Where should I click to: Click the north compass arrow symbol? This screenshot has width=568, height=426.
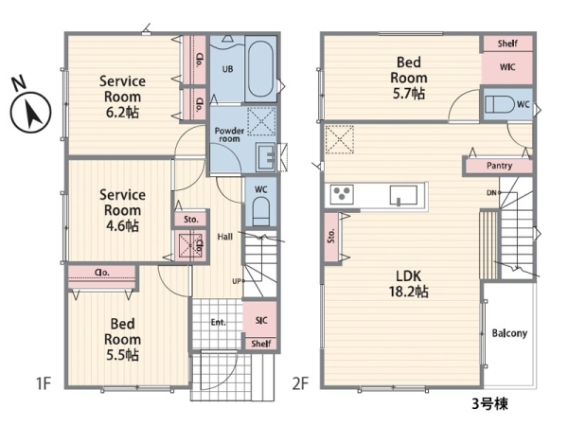[x=30, y=112]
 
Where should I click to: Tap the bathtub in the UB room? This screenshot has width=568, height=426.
[x=260, y=69]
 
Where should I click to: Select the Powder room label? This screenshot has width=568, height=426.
[x=229, y=134]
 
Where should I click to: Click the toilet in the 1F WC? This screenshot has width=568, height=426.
[x=261, y=211]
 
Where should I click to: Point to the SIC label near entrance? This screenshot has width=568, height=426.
[x=261, y=320]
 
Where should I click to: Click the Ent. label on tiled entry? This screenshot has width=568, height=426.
[x=218, y=322]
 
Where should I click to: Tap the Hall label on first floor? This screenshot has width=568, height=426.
[x=225, y=237]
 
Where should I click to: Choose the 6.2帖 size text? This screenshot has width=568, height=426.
[x=122, y=113]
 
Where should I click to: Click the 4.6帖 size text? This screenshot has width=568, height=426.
[x=122, y=225]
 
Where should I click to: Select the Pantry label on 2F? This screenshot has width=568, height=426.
[x=499, y=166]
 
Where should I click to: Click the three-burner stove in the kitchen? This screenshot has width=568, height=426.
[x=342, y=194]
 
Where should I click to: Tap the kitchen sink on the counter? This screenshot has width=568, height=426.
[x=403, y=195]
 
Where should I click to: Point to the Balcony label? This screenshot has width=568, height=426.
[x=509, y=333]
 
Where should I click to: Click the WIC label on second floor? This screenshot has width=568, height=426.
[x=507, y=67]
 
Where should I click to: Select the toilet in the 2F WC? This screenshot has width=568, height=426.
[x=500, y=104]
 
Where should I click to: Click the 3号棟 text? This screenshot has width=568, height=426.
[x=489, y=404]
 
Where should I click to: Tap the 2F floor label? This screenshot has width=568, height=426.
[x=300, y=383]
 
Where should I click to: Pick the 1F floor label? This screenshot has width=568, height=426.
[x=44, y=383]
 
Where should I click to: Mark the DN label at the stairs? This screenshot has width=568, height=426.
[x=491, y=193]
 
